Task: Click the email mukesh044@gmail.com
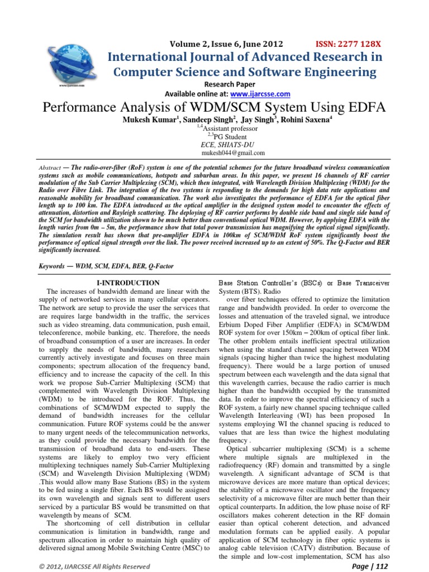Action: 233,152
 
